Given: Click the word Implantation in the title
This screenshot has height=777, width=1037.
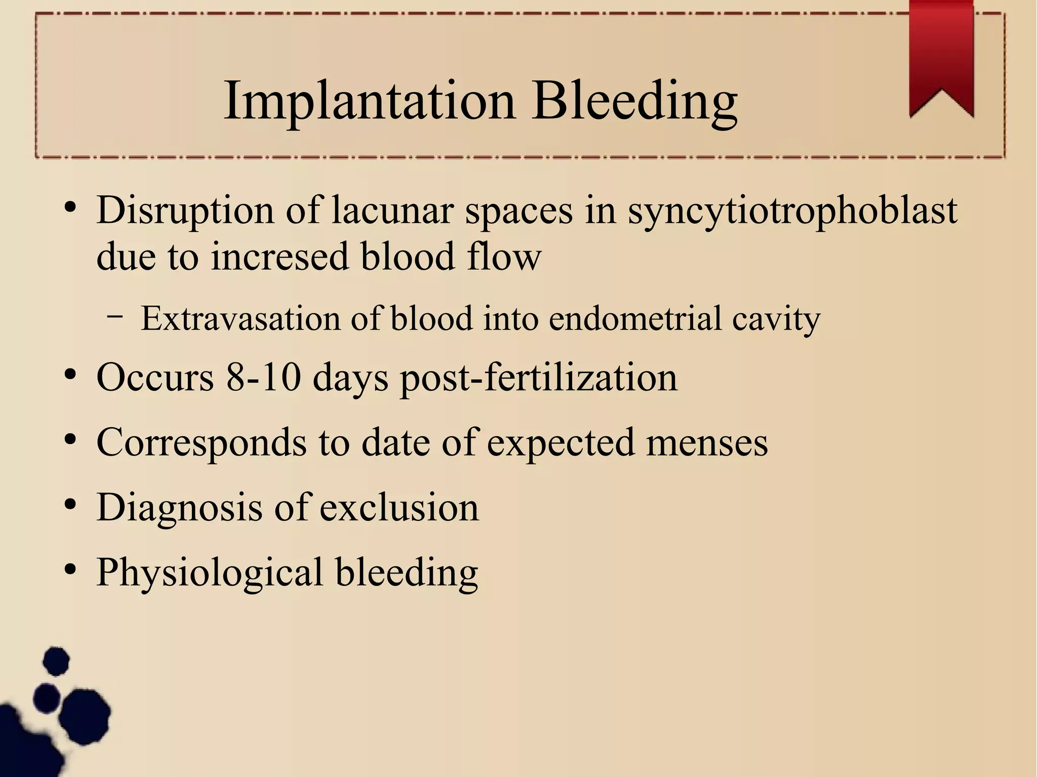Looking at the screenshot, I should (x=369, y=101).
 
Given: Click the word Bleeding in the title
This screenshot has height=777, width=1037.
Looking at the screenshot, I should (x=634, y=101).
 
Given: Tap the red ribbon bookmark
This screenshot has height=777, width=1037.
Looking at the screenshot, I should (x=941, y=56).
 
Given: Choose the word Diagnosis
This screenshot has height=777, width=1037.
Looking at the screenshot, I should (x=179, y=508).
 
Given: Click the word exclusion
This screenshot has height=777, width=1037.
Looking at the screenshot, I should (x=399, y=507).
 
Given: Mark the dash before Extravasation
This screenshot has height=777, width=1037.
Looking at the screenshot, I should (x=115, y=316).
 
